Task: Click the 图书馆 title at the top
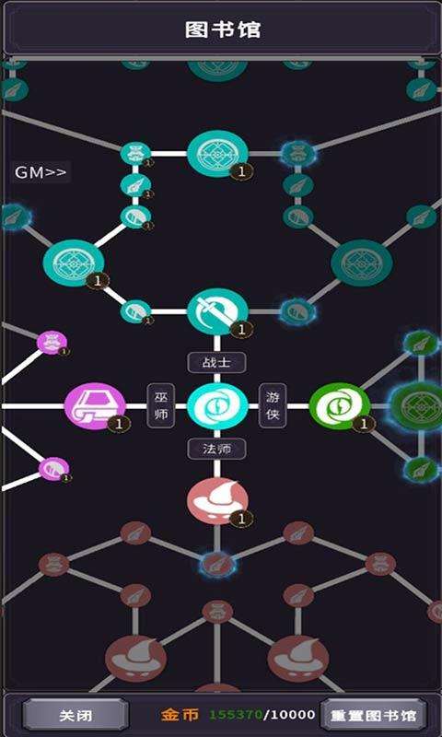pyautogui.click(x=222, y=29)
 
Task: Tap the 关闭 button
pyautogui.click(x=76, y=716)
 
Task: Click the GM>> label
pyautogui.click(x=41, y=172)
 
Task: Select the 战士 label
pyautogui.click(x=217, y=362)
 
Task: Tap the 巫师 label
pyautogui.click(x=161, y=405)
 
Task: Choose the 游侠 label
pyautogui.click(x=273, y=405)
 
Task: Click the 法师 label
pyautogui.click(x=217, y=449)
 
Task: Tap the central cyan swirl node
pyautogui.click(x=217, y=405)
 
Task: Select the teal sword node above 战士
pyautogui.click(x=217, y=311)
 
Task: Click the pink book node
pyautogui.click(x=95, y=405)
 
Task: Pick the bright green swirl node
pyautogui.click(x=340, y=405)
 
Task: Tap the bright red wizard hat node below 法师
pyautogui.click(x=217, y=501)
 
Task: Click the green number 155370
pyautogui.click(x=236, y=715)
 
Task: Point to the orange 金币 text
pyautogui.click(x=180, y=715)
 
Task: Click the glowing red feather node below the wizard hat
pyautogui.click(x=217, y=565)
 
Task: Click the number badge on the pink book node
pyautogui.click(x=119, y=424)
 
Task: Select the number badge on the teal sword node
pyautogui.click(x=242, y=330)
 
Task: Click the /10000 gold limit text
pyautogui.click(x=290, y=715)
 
